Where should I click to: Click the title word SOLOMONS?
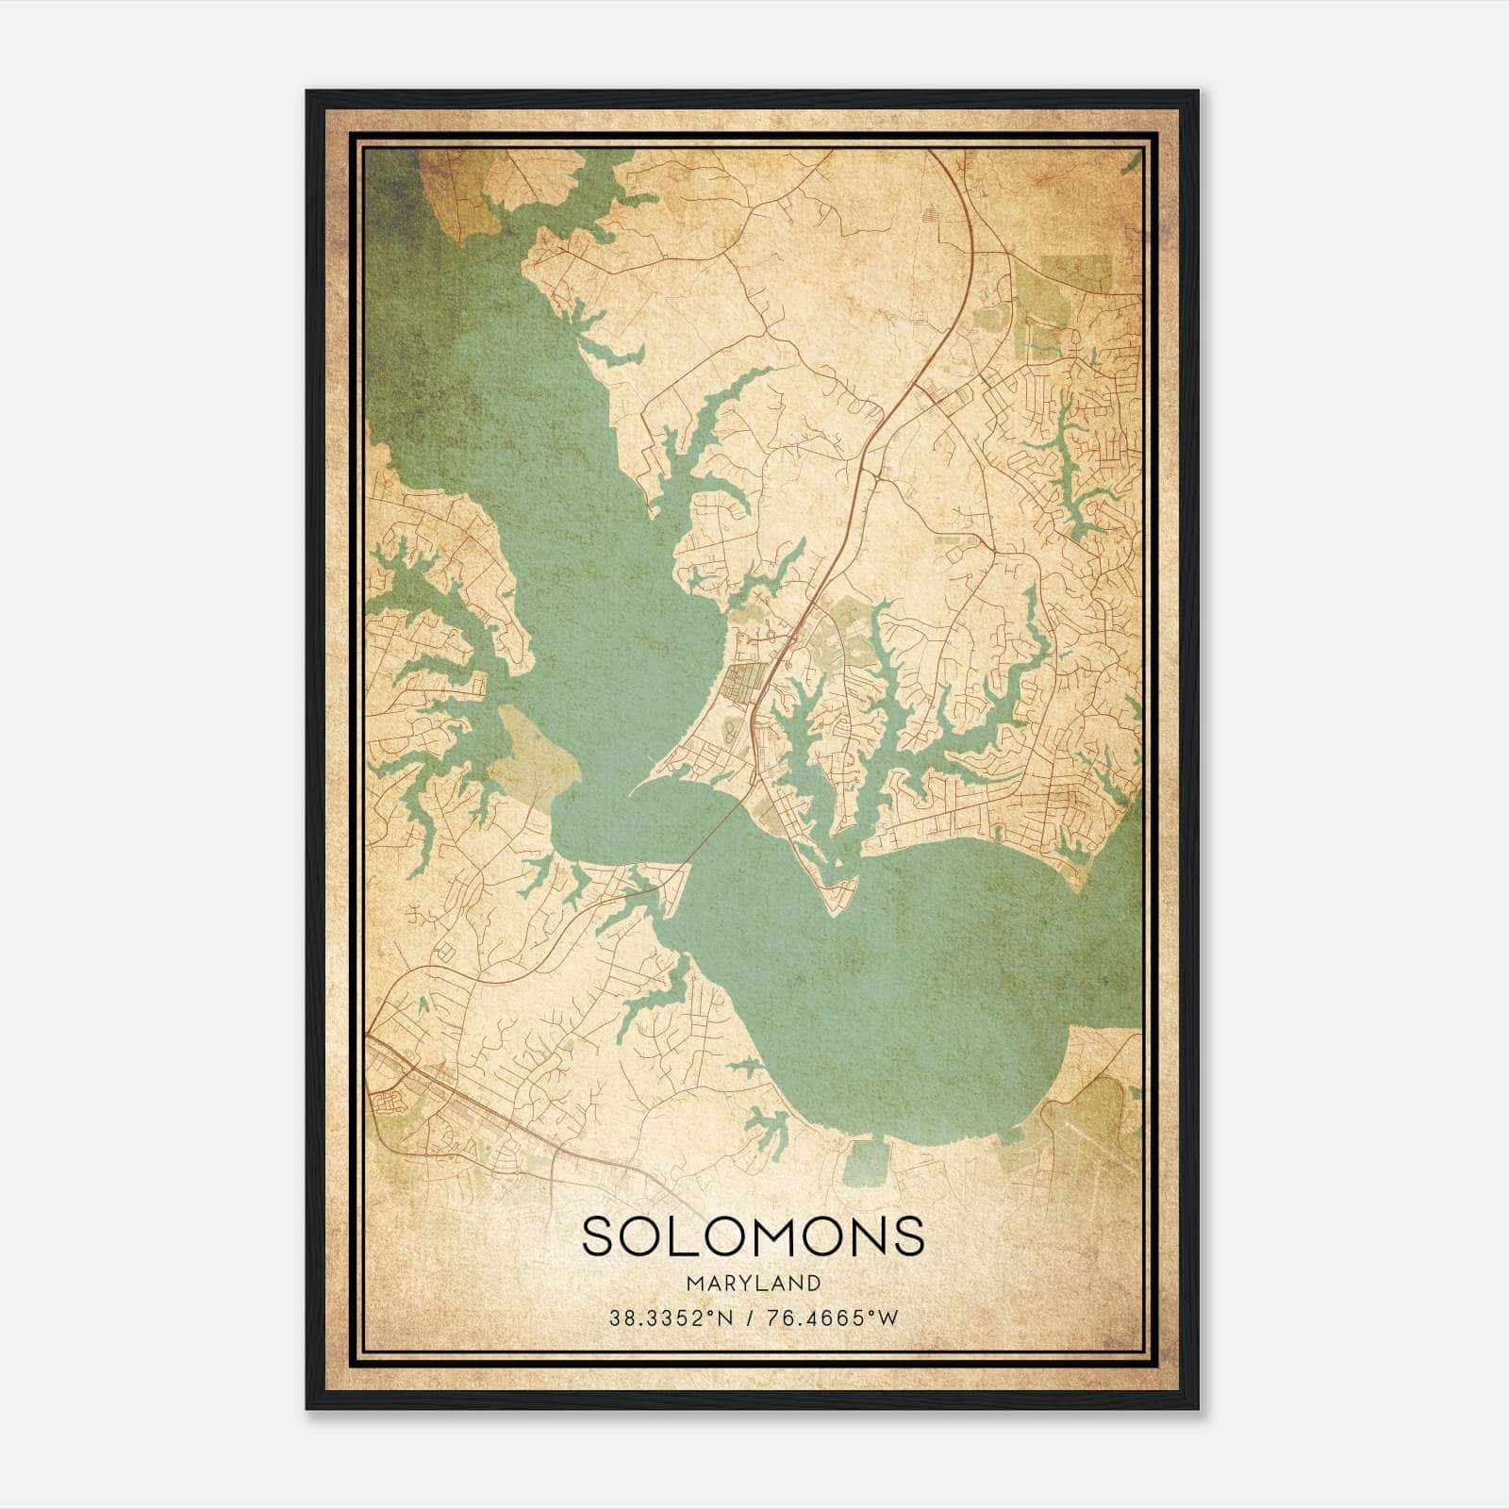(753, 1236)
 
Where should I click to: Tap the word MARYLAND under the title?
(753, 1283)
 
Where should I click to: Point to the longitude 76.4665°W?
(831, 1318)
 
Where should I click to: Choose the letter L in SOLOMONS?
(690, 1236)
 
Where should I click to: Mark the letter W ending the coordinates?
(888, 1318)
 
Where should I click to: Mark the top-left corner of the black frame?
(307, 92)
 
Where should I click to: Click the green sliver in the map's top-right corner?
(1131, 162)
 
